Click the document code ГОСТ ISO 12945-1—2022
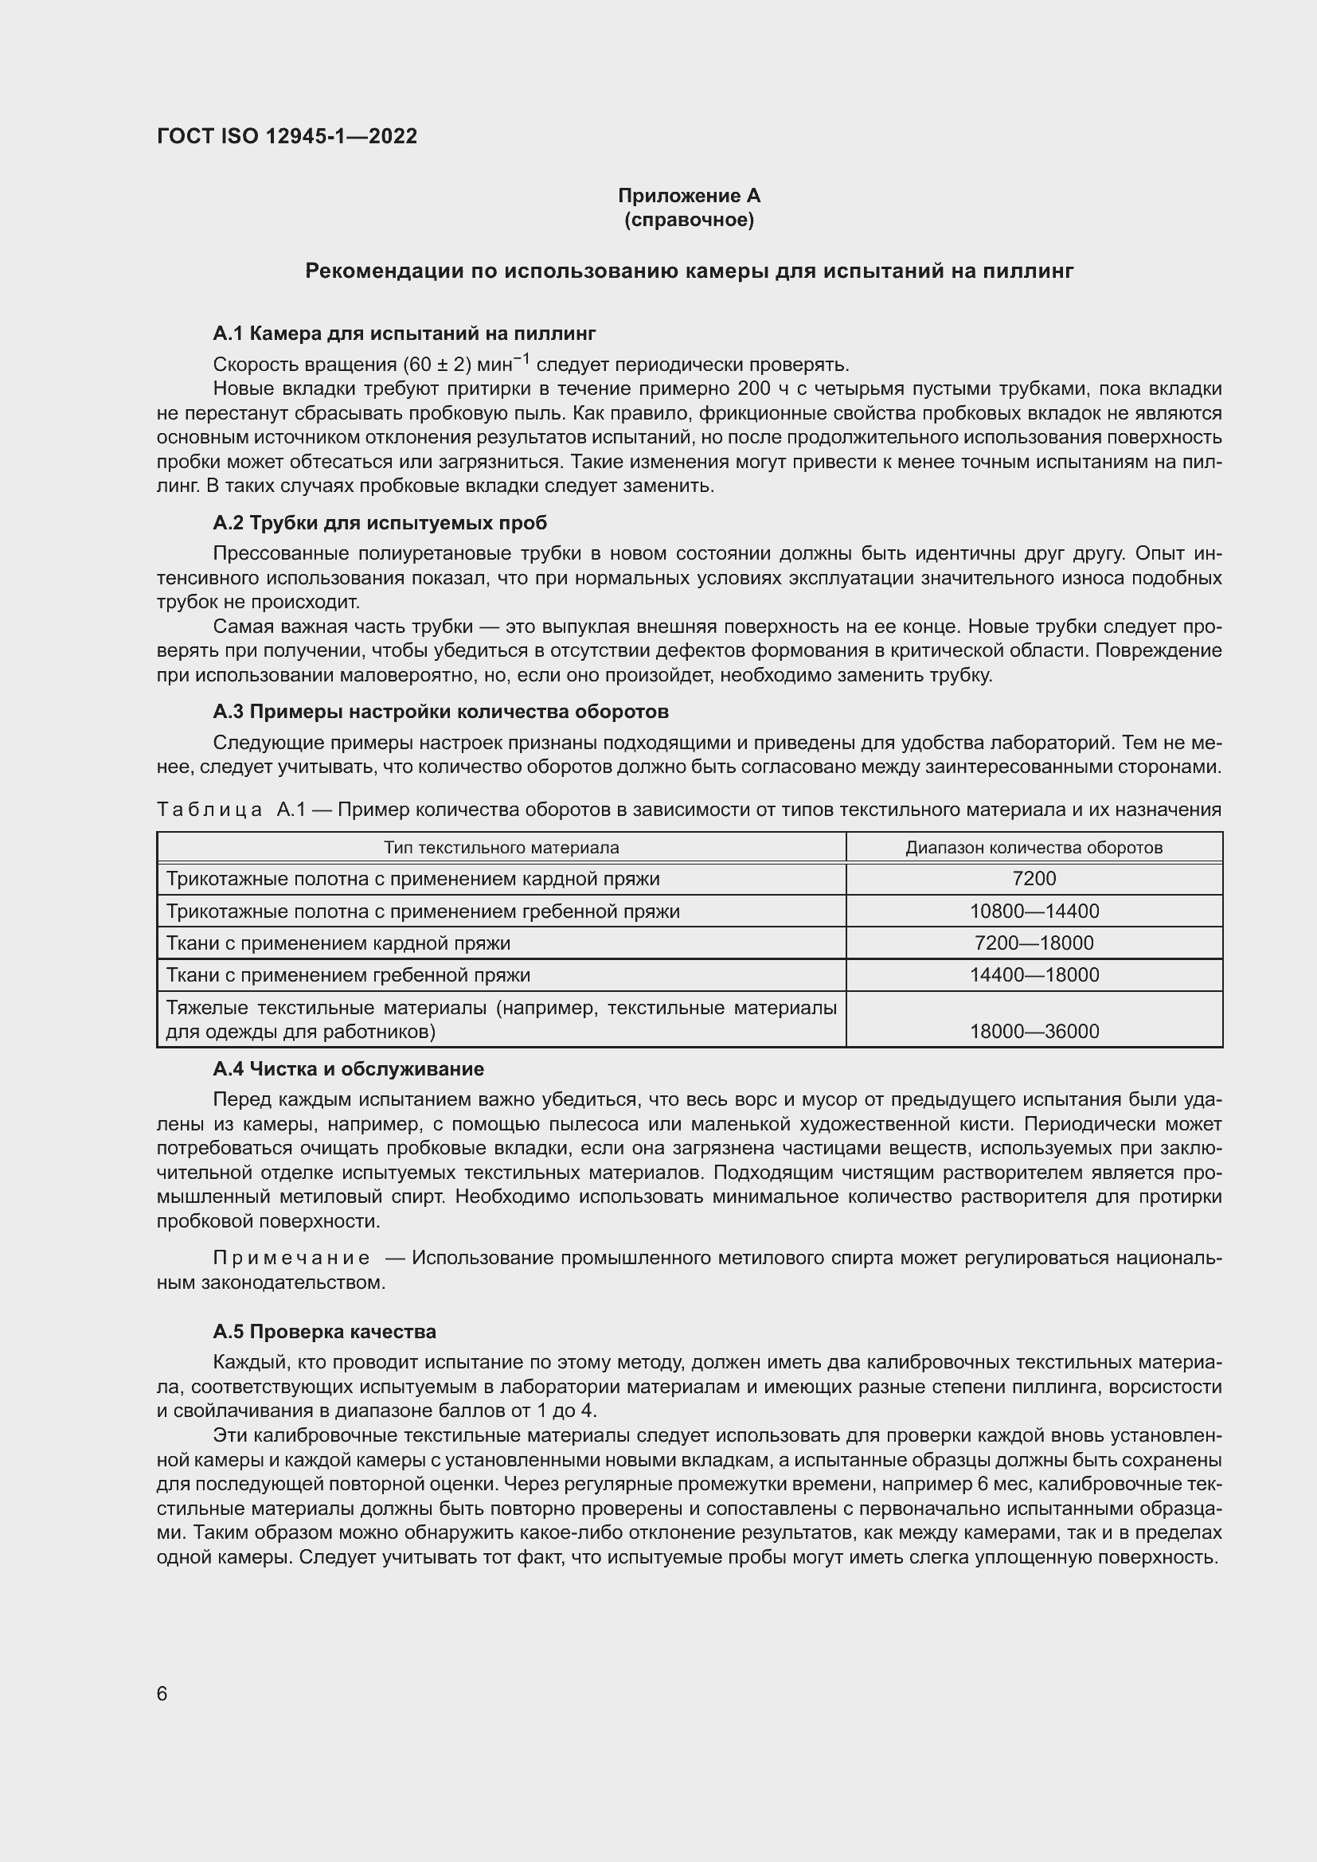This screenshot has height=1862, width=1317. point(287,136)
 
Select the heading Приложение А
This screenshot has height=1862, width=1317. point(689,196)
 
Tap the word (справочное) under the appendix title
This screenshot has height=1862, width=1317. point(689,220)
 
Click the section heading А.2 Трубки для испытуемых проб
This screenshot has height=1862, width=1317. point(380,522)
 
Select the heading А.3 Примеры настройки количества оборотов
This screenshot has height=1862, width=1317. point(440,711)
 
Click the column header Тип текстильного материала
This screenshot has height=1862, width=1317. point(500,848)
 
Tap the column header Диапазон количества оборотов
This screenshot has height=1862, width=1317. point(1034,848)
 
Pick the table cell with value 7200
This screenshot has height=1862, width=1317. point(1034,878)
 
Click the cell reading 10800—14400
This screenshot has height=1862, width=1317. point(1034,911)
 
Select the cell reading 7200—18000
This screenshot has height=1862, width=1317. point(1034,943)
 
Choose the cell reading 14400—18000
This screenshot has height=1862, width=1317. point(1034,975)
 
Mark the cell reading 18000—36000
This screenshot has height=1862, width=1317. point(1034,1031)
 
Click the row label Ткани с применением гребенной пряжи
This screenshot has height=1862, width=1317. point(348,975)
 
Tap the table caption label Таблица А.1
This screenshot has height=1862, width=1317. point(230,810)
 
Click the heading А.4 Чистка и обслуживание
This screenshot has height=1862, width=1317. point(348,1069)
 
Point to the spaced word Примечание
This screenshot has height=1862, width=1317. point(291,1258)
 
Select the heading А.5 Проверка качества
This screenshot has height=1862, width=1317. point(324,1332)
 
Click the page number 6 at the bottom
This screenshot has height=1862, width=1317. point(162,1693)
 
